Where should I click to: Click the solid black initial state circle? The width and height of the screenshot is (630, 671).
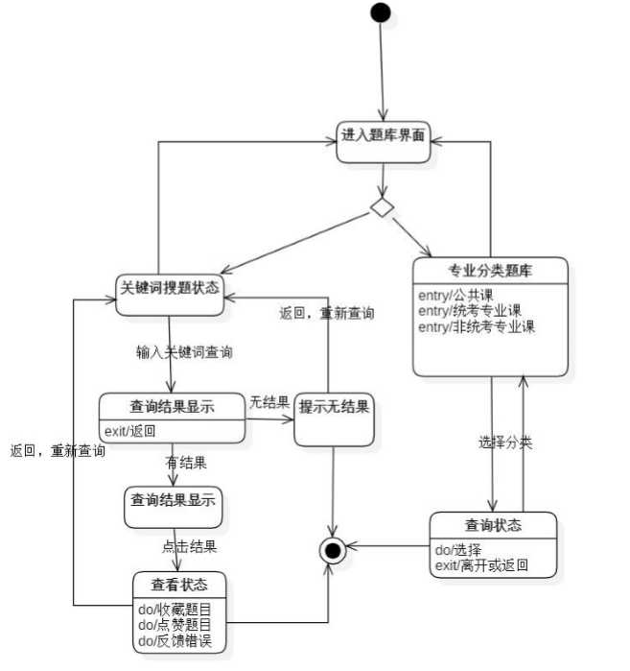pos(381,12)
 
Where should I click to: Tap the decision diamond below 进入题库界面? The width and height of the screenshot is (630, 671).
pos(383,208)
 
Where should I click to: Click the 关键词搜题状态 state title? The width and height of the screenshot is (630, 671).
pos(170,287)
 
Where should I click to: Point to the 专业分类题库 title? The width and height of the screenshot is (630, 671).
pos(491,271)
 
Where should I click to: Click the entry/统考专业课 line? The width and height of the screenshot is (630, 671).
pos(470,310)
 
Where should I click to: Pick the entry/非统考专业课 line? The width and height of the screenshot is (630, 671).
pos(477,326)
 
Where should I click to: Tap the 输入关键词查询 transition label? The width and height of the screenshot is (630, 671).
pos(184,352)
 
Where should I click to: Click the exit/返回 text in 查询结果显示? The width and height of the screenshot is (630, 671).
pos(129,430)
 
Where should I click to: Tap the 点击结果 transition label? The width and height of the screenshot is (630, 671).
pos(188,547)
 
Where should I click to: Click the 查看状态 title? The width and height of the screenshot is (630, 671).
pos(179,584)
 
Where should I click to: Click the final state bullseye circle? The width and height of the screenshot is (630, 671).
pos(333,550)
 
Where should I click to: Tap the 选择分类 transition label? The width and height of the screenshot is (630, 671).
pos(505,443)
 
